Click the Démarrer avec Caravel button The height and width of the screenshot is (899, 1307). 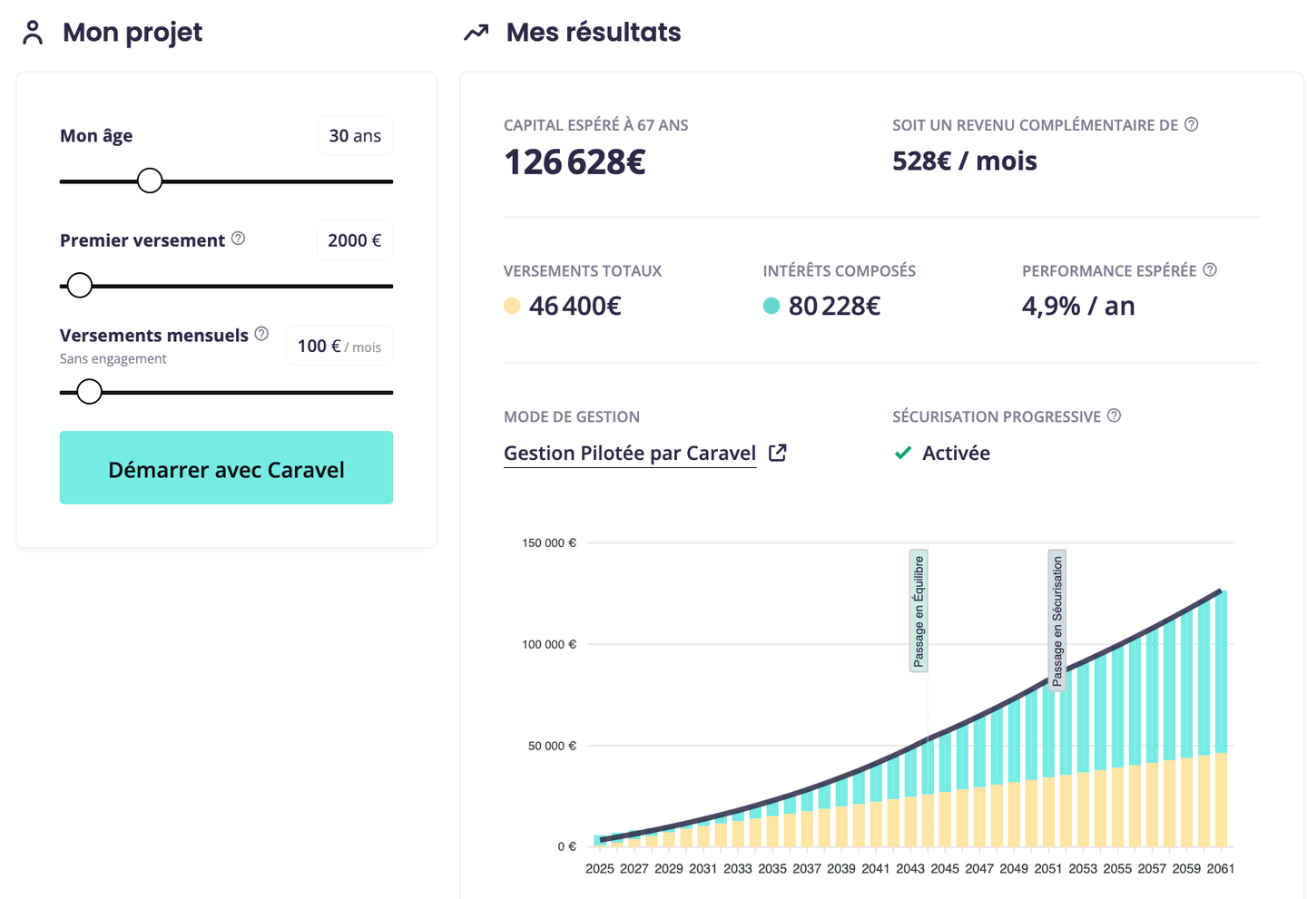coord(226,468)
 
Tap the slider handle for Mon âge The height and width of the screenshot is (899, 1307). coord(150,181)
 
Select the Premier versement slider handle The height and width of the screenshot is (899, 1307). coord(80,286)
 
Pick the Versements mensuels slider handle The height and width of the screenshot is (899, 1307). coord(89,392)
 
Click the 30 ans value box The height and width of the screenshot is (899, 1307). coord(355,136)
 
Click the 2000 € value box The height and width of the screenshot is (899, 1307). coord(355,240)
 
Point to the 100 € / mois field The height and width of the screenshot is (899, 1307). coord(339,347)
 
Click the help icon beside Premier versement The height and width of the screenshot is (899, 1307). coord(238,239)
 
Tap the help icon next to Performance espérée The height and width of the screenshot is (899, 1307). coord(1210,269)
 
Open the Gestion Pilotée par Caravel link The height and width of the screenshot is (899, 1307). coord(630,454)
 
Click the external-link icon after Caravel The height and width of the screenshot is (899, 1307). coord(778,453)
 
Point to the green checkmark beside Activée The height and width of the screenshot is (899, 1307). coord(903,453)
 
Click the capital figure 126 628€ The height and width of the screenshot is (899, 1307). coord(575,162)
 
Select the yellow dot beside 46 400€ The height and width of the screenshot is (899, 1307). coord(512,307)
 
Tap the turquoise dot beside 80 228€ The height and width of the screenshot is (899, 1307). coord(771,307)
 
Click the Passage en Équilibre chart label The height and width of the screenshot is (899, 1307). coord(919,611)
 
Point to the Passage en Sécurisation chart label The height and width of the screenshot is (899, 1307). coord(1056,621)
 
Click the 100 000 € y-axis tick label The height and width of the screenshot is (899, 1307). coord(548,645)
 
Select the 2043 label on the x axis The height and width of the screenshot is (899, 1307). coord(909,869)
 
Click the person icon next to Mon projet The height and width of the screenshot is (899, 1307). coord(33,33)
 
